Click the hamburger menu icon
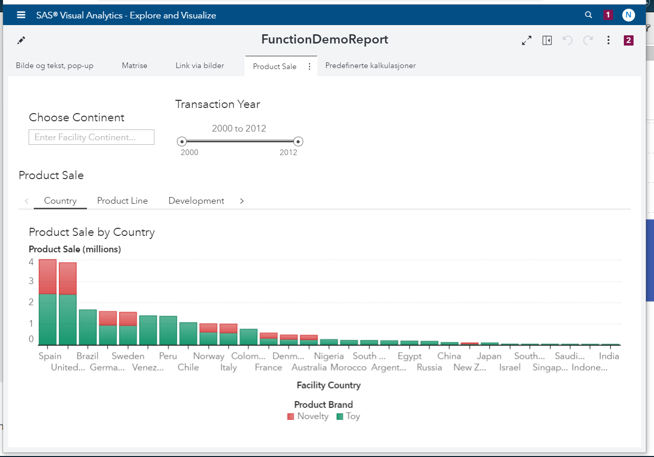21,15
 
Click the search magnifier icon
589,15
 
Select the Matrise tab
134,66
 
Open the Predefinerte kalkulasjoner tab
370,66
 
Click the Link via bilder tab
199,66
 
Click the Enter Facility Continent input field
92,137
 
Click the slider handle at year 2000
182,141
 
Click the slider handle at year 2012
299,141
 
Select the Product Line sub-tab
122,201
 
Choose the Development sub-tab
196,201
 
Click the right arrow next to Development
242,201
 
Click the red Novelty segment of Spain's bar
48,276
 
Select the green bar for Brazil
87,327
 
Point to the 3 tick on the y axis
31,281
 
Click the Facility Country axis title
329,385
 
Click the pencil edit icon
21,40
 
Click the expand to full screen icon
526,40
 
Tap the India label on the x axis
609,356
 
